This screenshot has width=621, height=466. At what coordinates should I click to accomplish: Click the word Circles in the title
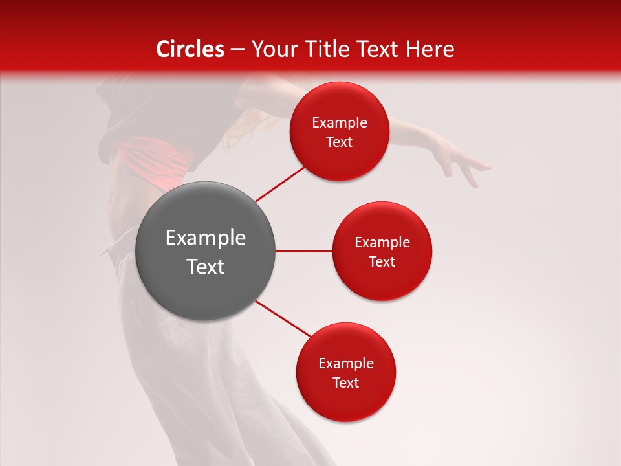(190, 49)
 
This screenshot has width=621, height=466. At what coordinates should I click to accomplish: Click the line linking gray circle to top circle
(279, 183)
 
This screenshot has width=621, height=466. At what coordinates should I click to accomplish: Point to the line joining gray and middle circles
(303, 251)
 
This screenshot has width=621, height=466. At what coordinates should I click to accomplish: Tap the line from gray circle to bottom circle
(283, 319)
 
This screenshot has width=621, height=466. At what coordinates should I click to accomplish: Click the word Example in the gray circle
(206, 238)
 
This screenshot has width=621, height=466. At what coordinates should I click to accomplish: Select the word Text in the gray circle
(206, 267)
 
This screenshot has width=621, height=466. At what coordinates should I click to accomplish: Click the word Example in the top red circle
(340, 123)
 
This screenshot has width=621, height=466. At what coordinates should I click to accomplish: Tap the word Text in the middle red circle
(382, 262)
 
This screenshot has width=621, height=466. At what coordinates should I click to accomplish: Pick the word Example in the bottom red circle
(346, 364)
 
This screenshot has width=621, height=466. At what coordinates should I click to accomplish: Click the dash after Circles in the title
(237, 50)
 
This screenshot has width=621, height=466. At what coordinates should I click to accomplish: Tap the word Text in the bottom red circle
(345, 383)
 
